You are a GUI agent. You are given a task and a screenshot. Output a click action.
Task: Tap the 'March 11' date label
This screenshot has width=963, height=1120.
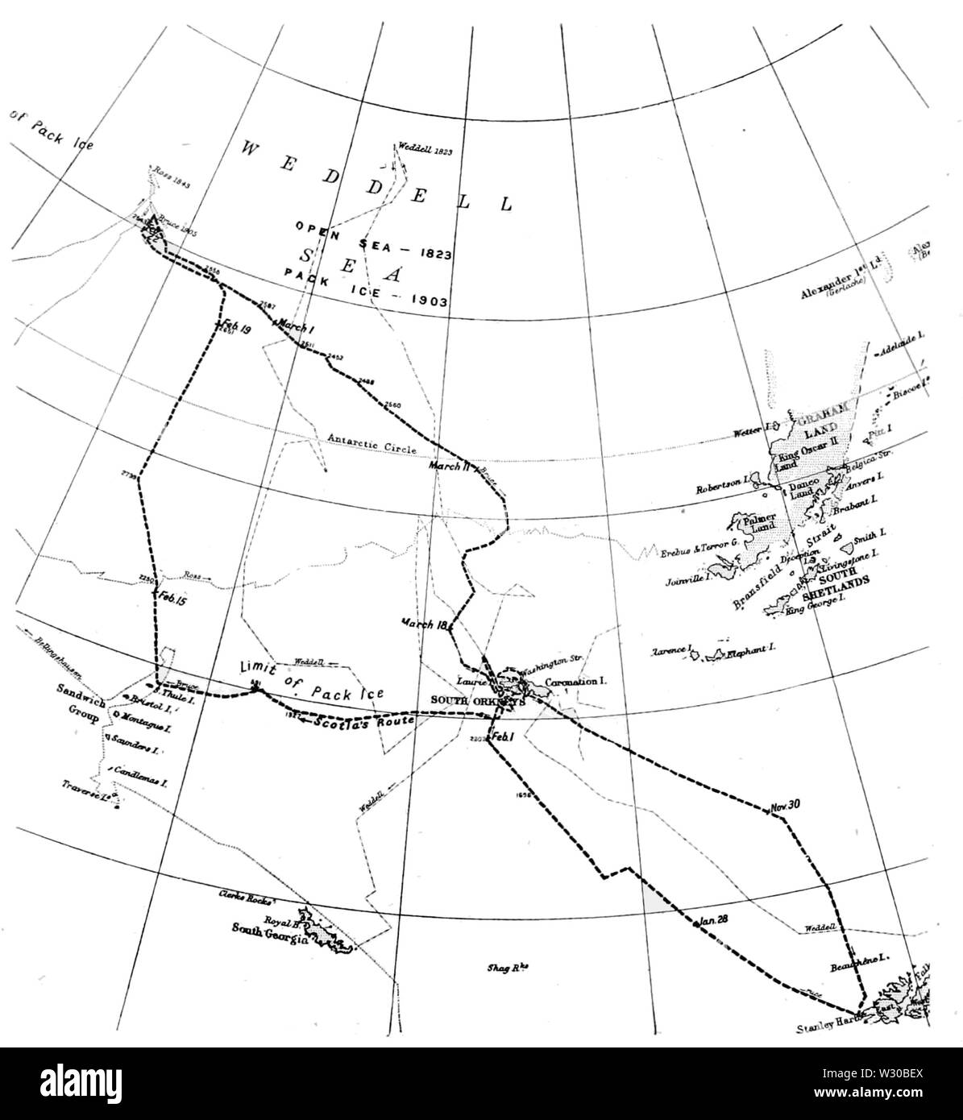click(445, 467)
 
